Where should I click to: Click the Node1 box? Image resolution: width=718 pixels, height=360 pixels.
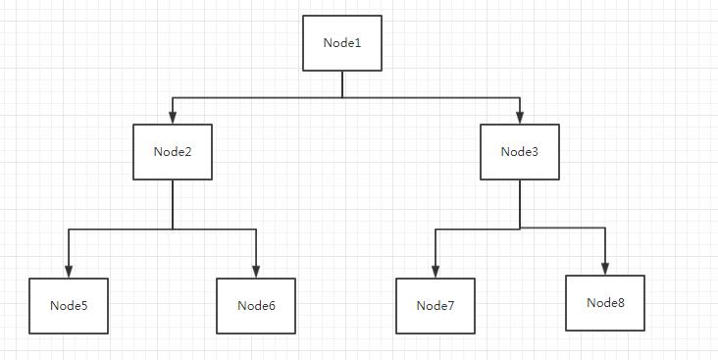point(342,43)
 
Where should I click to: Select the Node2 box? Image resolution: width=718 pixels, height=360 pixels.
point(173,152)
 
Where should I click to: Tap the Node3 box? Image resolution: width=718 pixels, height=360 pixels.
point(520,152)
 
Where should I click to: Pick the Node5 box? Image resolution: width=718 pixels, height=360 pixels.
point(69,305)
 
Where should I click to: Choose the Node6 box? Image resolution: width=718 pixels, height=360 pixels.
point(256,305)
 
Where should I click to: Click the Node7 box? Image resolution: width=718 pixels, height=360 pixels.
point(436,305)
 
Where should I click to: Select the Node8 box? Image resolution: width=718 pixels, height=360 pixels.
point(605,303)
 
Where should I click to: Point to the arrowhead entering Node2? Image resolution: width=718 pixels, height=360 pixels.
point(173,118)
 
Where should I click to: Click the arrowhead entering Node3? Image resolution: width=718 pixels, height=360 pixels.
point(520,118)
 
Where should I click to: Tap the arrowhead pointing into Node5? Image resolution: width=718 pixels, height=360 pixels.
point(69,272)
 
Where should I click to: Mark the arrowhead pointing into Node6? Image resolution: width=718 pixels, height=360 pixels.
point(256,272)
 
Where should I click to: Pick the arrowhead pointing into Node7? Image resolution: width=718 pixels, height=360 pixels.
point(436,272)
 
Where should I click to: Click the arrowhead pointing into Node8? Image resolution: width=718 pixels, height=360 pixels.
point(605,269)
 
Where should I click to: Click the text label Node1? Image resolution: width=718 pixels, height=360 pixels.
point(342,43)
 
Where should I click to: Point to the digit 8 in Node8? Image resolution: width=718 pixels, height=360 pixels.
point(621,303)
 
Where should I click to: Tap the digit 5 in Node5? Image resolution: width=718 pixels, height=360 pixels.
point(84,305)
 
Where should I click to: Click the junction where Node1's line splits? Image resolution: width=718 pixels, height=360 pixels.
point(342,97)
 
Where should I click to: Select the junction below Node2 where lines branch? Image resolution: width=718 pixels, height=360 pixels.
point(173,229)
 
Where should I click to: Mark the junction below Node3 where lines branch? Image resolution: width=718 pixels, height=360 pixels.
point(520,229)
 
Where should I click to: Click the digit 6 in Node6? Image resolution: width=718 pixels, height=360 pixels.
point(272,305)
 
